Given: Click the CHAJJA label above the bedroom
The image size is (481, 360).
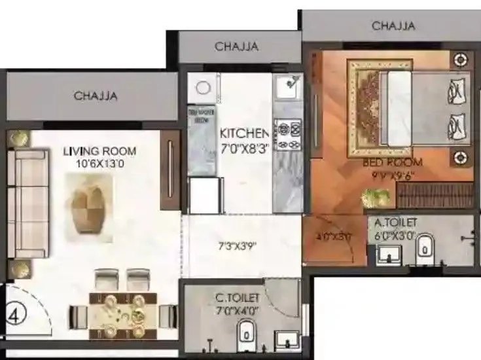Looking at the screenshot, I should (x=393, y=26).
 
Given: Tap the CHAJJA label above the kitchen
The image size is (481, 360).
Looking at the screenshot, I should (x=236, y=46).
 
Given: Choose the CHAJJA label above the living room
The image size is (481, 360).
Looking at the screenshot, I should (x=96, y=96).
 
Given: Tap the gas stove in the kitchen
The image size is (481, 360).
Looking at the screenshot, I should (x=288, y=134).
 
